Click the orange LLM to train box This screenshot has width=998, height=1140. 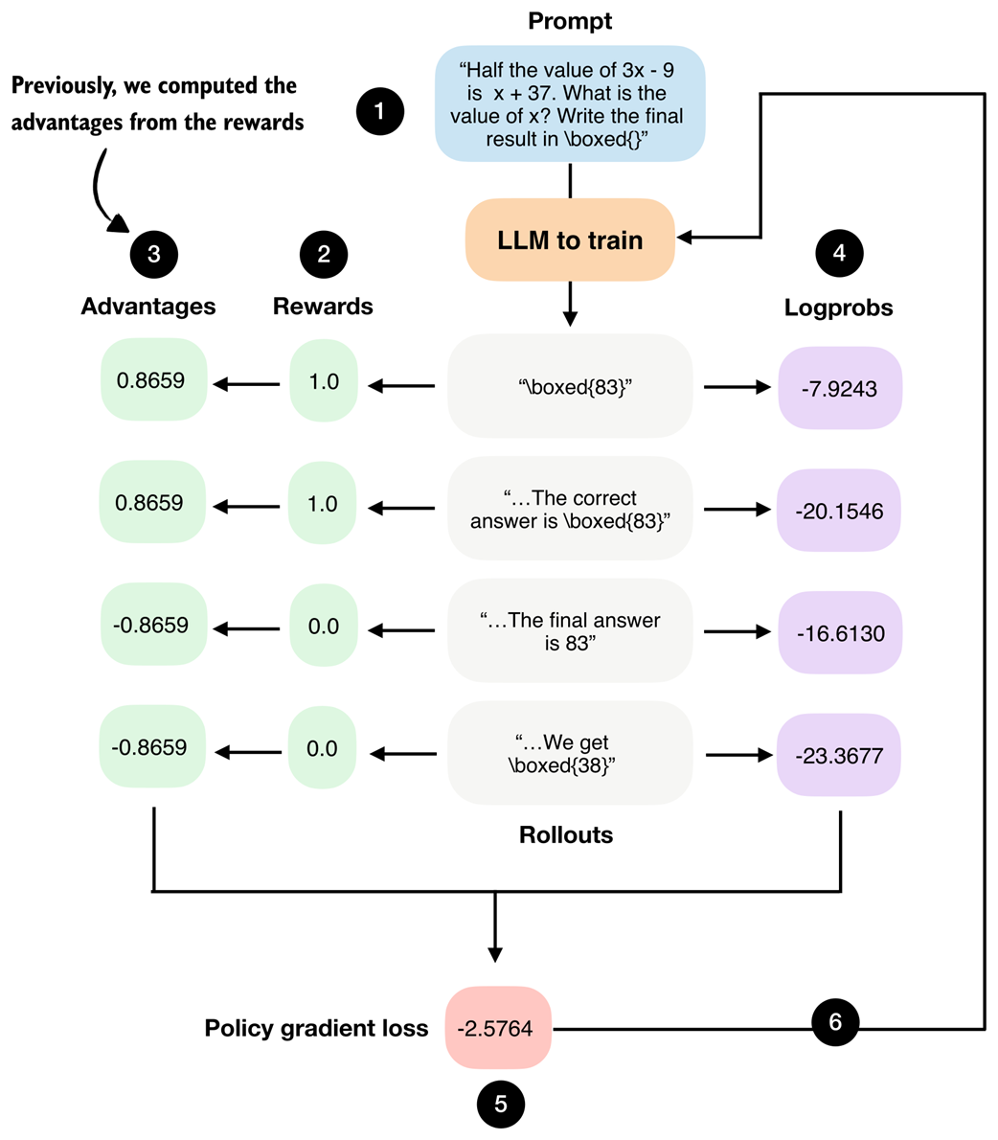(x=570, y=239)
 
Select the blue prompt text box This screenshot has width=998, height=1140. (x=570, y=103)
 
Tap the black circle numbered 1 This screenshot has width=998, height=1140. (x=379, y=111)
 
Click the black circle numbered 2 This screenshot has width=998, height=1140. (x=323, y=254)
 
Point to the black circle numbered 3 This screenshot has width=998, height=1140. (x=153, y=255)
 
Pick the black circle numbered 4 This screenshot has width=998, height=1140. (x=839, y=254)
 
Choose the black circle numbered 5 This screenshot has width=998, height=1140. (x=501, y=1105)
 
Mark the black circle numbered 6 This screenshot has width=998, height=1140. (x=835, y=1022)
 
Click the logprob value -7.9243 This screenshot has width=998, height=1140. (x=840, y=388)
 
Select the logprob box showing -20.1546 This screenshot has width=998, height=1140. (x=840, y=511)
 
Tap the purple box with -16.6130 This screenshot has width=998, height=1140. (x=840, y=633)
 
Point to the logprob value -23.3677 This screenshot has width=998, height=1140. (x=840, y=756)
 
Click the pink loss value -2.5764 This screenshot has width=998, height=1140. (x=498, y=1029)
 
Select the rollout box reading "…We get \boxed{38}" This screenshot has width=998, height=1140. (x=570, y=754)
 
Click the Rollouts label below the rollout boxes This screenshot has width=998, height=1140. (x=566, y=834)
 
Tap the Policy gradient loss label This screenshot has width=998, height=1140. (x=316, y=1029)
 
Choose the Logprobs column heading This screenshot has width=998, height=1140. (x=838, y=308)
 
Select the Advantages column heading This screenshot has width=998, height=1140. (x=148, y=307)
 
